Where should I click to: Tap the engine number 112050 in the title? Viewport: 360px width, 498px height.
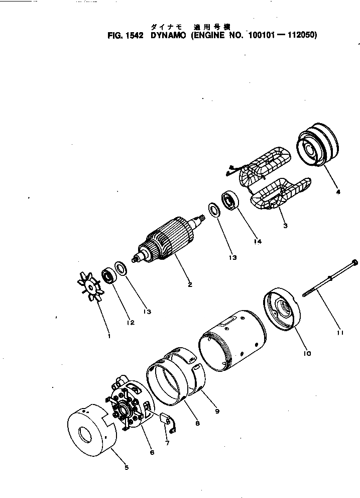click(x=301, y=36)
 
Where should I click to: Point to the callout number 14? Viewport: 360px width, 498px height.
click(x=258, y=241)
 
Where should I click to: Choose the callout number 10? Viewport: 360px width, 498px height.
click(x=308, y=353)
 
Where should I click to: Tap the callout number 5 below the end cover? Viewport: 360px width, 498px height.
click(x=127, y=467)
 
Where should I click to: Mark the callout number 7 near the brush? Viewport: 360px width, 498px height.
click(x=166, y=443)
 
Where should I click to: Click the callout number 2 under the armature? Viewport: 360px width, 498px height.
click(x=190, y=284)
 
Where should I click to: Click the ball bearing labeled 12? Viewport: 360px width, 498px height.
click(x=108, y=275)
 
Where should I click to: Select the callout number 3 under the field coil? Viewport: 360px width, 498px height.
click(x=285, y=226)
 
